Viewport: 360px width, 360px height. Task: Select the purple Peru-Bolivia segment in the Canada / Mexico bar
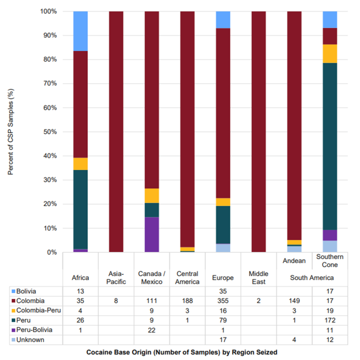tap(152, 234)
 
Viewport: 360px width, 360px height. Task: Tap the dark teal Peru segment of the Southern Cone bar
tap(330, 146)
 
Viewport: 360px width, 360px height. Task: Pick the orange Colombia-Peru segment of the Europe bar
tap(223, 202)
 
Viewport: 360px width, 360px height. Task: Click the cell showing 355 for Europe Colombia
tap(223, 301)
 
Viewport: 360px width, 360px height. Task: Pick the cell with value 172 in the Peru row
tap(330, 319)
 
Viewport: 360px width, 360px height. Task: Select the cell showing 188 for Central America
tap(187, 301)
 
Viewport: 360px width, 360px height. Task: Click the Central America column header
tap(187, 277)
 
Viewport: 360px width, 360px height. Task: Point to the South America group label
tap(312, 278)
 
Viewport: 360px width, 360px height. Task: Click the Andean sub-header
tap(294, 260)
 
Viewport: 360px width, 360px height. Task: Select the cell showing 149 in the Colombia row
tap(294, 301)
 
